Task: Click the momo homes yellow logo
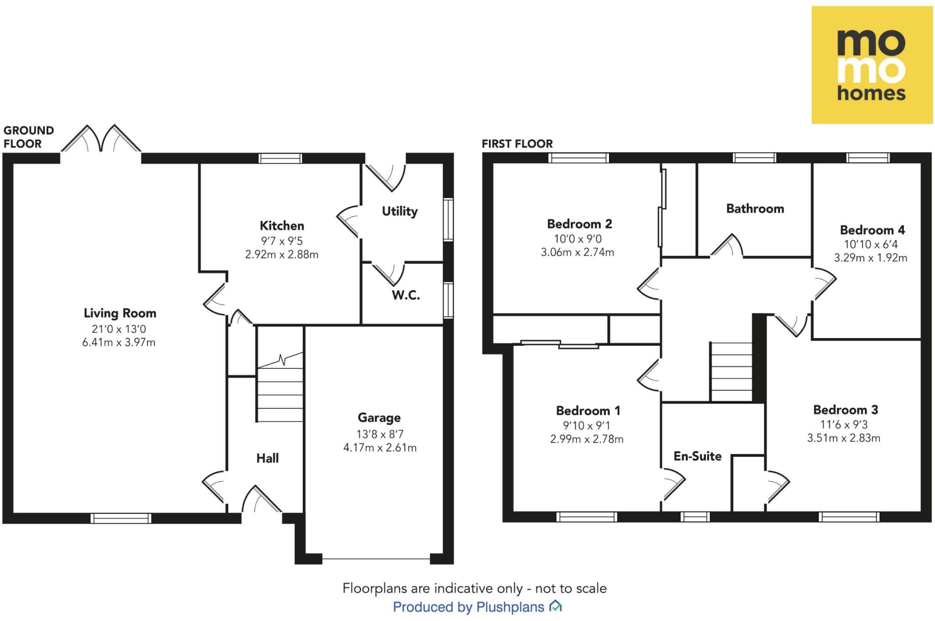click(872, 65)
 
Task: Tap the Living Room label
click(120, 313)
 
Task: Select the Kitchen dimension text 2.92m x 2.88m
click(282, 255)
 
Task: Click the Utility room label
click(399, 211)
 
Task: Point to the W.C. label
click(405, 295)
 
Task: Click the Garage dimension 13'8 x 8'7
click(380, 434)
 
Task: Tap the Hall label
click(268, 458)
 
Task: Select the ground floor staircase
click(280, 388)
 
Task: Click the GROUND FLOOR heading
click(28, 137)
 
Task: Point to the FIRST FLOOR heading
click(517, 144)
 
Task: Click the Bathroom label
click(755, 209)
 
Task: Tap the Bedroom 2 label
click(579, 224)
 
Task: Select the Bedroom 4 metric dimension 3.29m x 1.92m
click(870, 258)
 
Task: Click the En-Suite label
click(697, 456)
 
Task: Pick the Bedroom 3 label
click(846, 410)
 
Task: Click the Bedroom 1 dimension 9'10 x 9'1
click(587, 425)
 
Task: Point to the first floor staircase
click(731, 372)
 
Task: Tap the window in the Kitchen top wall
click(280, 158)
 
